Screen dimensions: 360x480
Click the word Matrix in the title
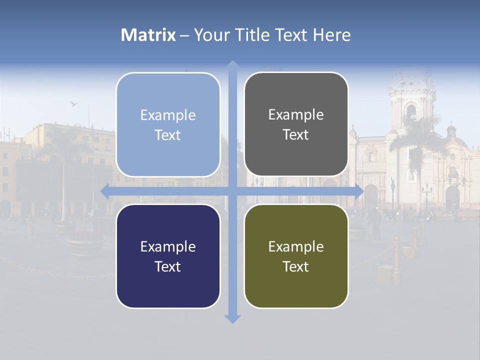click(148, 35)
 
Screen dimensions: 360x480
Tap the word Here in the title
click(332, 35)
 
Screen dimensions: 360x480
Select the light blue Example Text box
click(168, 124)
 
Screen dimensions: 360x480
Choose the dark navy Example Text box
click(168, 256)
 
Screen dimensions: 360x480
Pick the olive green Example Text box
click(296, 256)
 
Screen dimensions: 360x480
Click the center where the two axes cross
click(232, 190)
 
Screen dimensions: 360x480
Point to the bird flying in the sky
click(73, 104)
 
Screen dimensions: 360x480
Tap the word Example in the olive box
click(296, 246)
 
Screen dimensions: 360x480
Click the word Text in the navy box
click(168, 266)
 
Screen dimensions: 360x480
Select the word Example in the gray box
click(296, 115)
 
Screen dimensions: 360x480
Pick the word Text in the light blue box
click(168, 135)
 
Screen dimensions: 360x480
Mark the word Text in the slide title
click(290, 35)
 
